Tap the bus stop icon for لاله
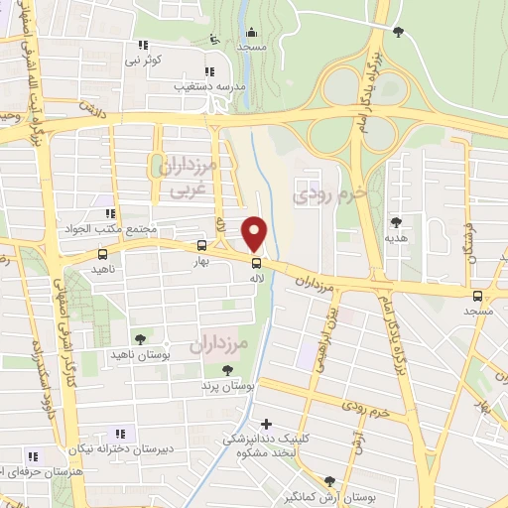(x=257, y=263)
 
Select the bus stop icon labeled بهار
(x=202, y=245)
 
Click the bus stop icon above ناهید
(x=93, y=255)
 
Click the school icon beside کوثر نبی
(x=143, y=45)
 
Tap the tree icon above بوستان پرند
(x=226, y=369)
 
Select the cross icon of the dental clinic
(x=265, y=424)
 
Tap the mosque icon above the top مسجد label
(x=252, y=32)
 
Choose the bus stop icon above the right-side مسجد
(x=477, y=296)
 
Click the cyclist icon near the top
(x=215, y=41)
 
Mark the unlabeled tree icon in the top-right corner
(x=398, y=33)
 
